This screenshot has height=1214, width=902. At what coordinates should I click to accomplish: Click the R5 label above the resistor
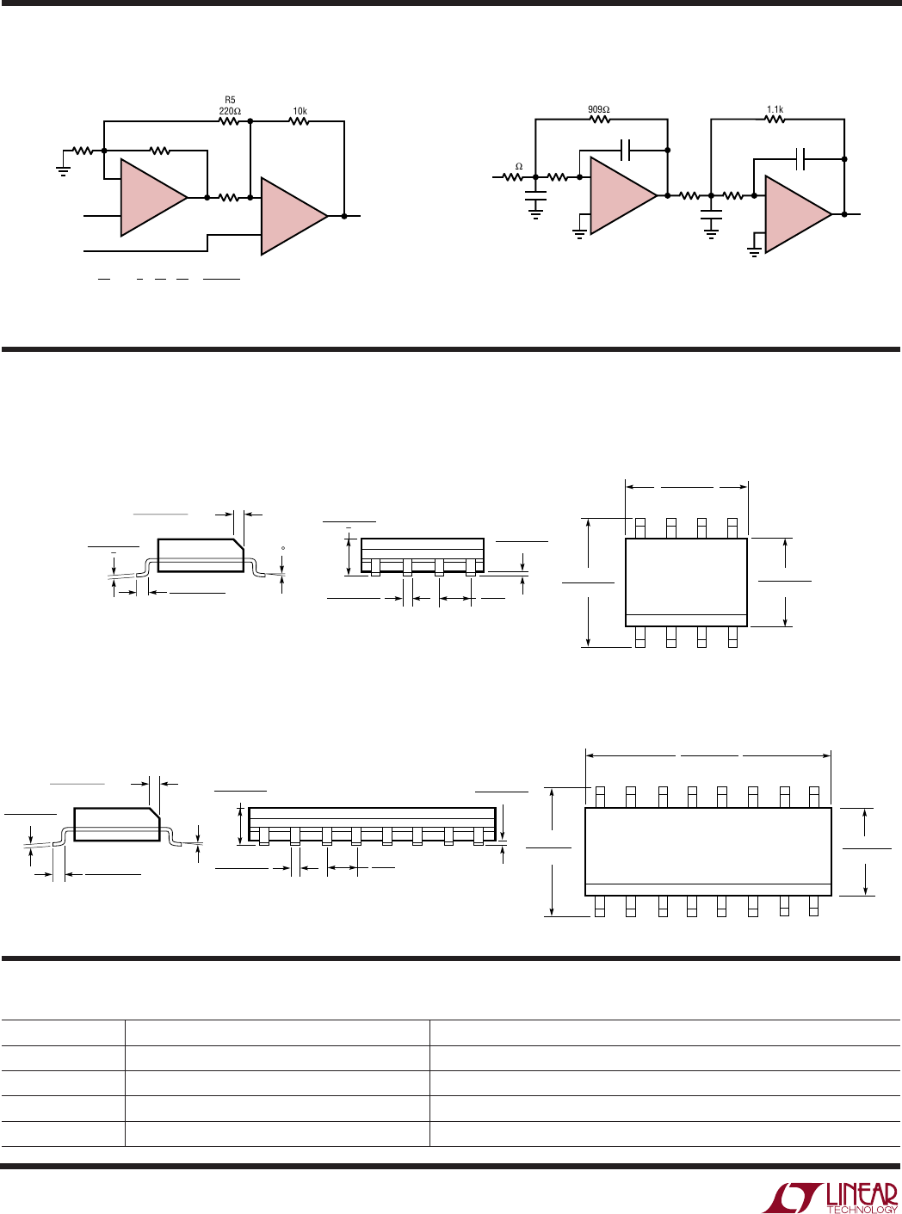coord(230,100)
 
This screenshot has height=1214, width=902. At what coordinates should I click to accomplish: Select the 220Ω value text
coord(229,111)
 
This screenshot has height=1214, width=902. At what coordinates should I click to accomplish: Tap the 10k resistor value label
coord(300,111)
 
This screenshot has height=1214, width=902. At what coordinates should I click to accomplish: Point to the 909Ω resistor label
coord(598,109)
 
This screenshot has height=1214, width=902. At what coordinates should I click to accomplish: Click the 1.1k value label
coord(775,109)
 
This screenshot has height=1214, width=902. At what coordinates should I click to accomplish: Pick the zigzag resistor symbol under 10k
coord(299,122)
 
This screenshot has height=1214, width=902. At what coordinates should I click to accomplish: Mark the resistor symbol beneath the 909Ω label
coord(599,120)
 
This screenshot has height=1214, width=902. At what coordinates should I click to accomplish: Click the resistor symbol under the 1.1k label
coord(775,120)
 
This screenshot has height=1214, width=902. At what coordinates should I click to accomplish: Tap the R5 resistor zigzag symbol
coord(229,122)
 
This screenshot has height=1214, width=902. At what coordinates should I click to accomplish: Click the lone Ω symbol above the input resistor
coord(518,166)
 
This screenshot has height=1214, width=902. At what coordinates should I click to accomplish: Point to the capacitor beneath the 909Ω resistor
coord(626,150)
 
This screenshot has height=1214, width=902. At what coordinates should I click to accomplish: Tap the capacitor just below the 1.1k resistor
coord(801,158)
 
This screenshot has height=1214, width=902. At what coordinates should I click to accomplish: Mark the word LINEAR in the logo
coord(862,1193)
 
